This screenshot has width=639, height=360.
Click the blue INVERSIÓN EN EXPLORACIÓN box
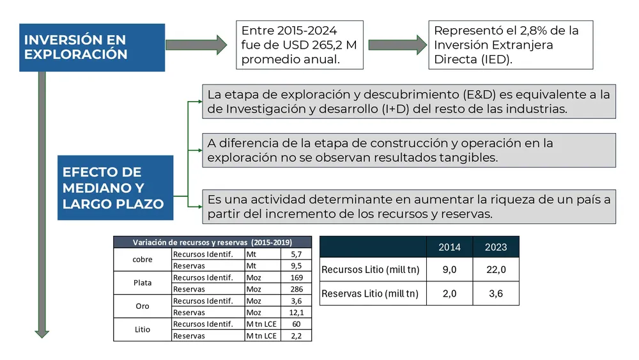[x=92, y=47]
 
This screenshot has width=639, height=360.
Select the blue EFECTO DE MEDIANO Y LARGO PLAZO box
[x=115, y=188]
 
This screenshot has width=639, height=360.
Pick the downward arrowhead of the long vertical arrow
[x=42, y=332]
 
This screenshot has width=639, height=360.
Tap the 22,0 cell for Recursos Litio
[x=496, y=270]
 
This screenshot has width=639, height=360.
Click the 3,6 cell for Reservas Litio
[x=496, y=293]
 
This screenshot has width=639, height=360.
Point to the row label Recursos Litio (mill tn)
[x=371, y=270]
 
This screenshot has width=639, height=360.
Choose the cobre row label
[x=142, y=260]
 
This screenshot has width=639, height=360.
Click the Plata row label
[x=142, y=283]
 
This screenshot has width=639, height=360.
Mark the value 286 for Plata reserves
[x=296, y=289]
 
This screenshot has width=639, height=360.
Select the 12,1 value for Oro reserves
[x=296, y=313]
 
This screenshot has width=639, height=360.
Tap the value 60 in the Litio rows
[x=296, y=324]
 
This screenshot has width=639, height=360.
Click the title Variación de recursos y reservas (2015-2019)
[x=212, y=242]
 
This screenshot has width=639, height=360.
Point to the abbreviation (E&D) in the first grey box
[x=456, y=95]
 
